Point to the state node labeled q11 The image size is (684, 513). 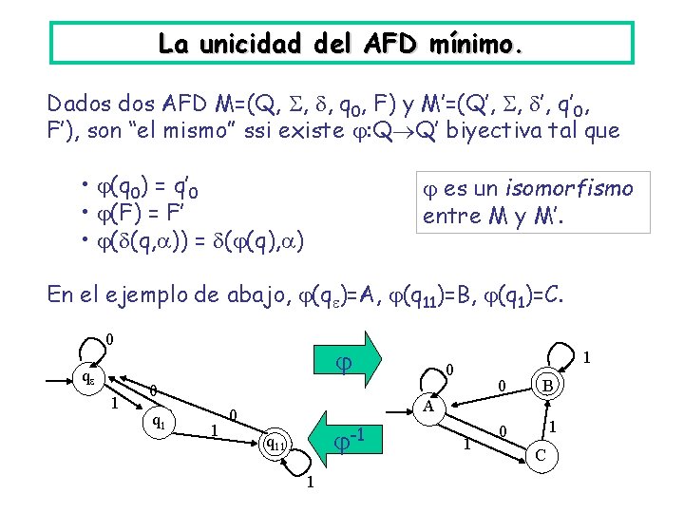[275, 442]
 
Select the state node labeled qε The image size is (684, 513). [87, 377]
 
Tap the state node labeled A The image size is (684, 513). [430, 407]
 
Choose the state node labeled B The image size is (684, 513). [548, 387]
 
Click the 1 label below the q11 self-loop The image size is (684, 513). [310, 484]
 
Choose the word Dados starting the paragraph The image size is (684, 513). [79, 102]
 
